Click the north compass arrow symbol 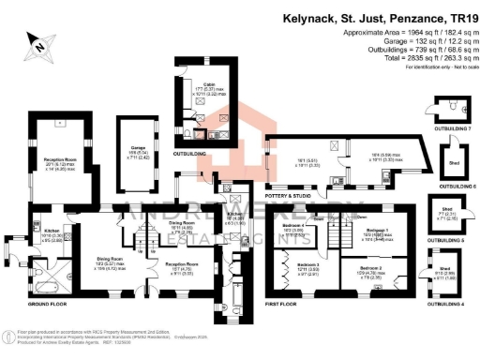click(x=38, y=39)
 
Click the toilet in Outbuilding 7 click(x=452, y=107)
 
